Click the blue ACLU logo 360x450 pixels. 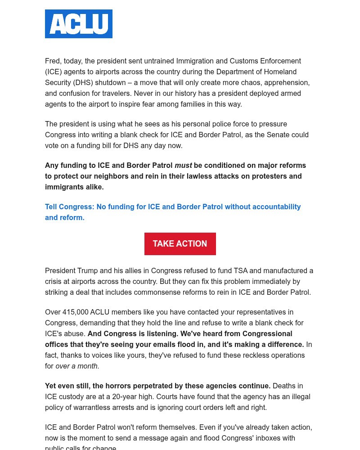79,24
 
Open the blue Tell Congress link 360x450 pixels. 173,212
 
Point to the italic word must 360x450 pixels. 183,165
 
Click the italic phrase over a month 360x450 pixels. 76,366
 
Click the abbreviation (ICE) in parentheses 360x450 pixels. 54,72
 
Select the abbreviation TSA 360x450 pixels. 240,270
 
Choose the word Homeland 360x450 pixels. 281,72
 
